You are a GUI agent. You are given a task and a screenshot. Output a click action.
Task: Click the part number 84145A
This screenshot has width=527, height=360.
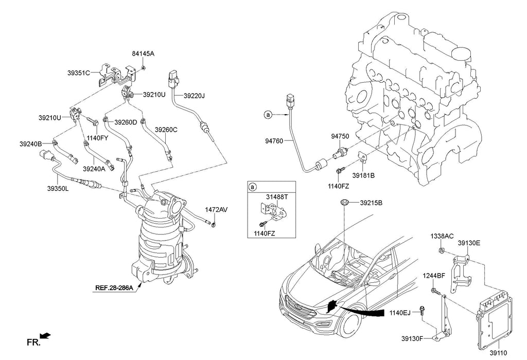tap(143, 53)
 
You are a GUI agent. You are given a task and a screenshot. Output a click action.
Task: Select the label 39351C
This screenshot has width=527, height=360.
tap(79, 73)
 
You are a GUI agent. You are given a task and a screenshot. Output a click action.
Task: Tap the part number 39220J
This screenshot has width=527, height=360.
tap(194, 96)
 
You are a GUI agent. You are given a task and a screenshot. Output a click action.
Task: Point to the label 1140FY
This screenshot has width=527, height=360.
tap(97, 138)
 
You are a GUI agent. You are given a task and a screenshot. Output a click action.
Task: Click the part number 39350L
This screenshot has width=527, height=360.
tap(58, 189)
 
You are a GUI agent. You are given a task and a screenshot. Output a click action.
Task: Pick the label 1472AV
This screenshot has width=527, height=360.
tap(216, 210)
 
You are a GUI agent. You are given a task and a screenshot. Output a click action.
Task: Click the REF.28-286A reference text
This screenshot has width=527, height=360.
tap(114, 288)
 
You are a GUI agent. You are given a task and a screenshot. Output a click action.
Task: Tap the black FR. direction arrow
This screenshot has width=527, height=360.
tap(45, 335)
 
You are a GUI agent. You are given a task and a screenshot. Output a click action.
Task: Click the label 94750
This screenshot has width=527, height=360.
tap(340, 136)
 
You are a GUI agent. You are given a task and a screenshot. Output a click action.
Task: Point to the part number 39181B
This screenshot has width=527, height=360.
tap(363, 175)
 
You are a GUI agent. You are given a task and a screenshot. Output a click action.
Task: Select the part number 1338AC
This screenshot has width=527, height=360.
tap(442, 237)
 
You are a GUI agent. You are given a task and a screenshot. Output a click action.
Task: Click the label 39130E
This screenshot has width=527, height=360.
tap(469, 243)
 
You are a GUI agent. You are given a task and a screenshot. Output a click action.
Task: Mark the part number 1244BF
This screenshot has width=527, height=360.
tap(434, 276)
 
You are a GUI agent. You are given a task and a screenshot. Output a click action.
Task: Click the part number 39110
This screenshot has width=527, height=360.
tap(498, 353)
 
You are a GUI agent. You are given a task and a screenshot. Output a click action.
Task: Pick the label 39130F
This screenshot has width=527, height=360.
tap(412, 338)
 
